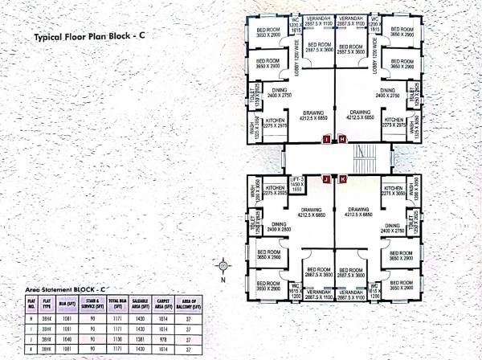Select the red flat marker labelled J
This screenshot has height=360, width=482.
(x=325, y=178)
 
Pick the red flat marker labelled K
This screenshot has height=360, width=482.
(x=342, y=178)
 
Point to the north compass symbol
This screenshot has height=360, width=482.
(x=223, y=264)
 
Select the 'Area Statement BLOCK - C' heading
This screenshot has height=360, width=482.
(x=66, y=288)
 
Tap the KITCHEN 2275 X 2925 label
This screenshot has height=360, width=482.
(x=276, y=191)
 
